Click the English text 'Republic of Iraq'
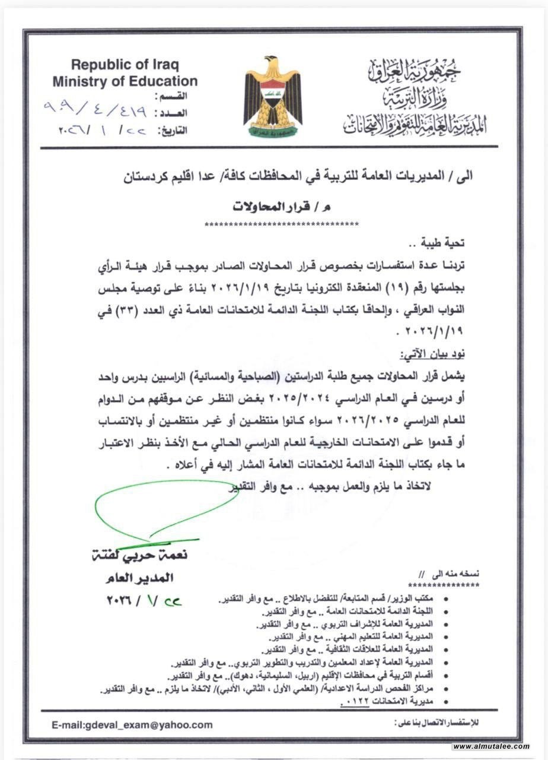tap(125, 65)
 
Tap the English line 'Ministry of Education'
tap(125, 81)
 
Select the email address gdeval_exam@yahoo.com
tap(132, 724)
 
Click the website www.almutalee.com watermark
tap(491, 746)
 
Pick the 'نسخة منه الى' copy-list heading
tap(456, 574)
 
